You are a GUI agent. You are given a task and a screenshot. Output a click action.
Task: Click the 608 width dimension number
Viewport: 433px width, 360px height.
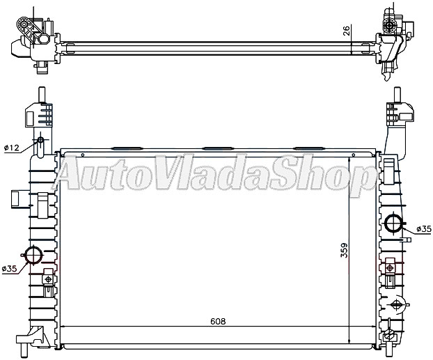click(x=216, y=322)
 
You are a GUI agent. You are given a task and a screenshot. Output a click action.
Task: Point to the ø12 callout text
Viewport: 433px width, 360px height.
click(x=11, y=148)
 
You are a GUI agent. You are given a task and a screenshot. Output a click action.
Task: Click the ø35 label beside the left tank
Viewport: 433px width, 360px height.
click(x=9, y=269)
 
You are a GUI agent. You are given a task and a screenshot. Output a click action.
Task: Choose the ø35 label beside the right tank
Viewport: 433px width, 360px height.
click(x=423, y=228)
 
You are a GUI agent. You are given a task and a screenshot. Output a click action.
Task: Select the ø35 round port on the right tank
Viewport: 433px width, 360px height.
click(x=393, y=224)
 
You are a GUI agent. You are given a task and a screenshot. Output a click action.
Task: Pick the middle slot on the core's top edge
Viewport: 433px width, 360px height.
click(x=216, y=148)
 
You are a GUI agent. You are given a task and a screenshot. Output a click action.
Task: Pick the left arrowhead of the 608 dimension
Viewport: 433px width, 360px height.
click(x=64, y=327)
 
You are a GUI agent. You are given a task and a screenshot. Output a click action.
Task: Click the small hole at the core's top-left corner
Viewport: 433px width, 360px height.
click(x=82, y=155)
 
